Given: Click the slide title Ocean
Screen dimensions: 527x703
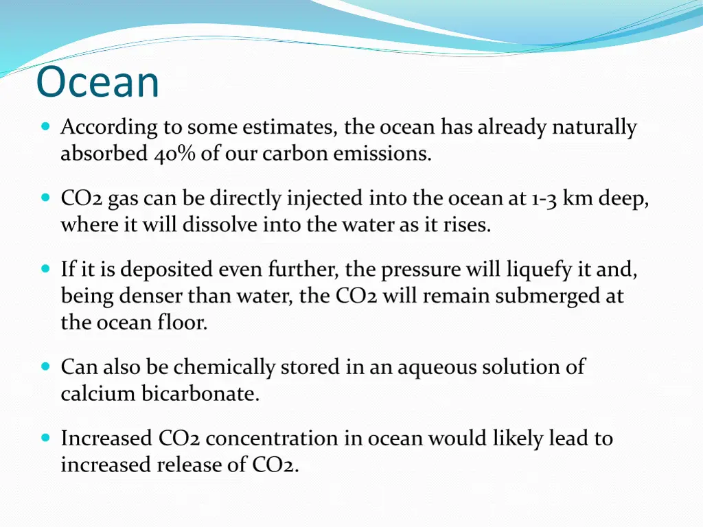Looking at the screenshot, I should point(97,82).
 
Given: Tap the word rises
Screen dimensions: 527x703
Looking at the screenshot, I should point(467,225).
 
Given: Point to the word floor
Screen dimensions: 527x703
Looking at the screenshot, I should point(183,323).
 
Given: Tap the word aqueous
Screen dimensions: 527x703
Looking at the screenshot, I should point(435,367).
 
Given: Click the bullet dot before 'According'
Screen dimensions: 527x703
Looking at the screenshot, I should point(46,127).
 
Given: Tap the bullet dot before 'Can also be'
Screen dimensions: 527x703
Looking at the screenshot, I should point(46,367).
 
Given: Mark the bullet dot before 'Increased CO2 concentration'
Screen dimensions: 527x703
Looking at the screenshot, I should point(46,438).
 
